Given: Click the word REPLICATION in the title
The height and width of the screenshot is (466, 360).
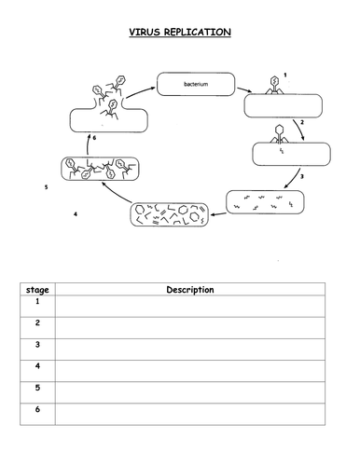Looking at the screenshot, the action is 198,32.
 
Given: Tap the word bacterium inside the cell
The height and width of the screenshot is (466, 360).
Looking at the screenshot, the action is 196,84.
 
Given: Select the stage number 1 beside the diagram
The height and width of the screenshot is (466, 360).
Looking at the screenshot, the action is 285,75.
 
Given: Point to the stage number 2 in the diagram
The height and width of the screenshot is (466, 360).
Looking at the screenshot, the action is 302,122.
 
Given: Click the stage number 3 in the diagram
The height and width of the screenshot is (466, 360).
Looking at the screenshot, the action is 302,176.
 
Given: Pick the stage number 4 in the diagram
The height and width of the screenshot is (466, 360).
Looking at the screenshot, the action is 76,214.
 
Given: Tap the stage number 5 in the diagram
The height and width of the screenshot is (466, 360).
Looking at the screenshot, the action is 46,187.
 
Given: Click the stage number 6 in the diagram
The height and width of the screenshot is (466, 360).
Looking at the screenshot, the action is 94,138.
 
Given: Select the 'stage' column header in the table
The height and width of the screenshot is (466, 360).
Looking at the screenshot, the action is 37,290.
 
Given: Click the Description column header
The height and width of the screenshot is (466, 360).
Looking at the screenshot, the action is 190,290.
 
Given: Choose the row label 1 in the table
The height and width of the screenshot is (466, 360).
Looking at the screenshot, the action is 37,301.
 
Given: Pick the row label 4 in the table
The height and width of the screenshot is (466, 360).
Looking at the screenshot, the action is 37,365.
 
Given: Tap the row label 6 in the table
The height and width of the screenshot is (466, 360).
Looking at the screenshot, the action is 37,409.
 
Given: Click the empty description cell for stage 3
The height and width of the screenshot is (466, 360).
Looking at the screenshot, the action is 190,349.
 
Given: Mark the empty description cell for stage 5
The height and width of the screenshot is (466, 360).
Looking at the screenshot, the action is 190,392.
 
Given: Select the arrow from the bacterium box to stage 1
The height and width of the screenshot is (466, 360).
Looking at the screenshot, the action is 244,89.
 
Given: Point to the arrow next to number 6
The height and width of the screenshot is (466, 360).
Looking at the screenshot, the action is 88,144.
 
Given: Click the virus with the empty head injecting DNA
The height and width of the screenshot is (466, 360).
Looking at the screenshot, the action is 279,134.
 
